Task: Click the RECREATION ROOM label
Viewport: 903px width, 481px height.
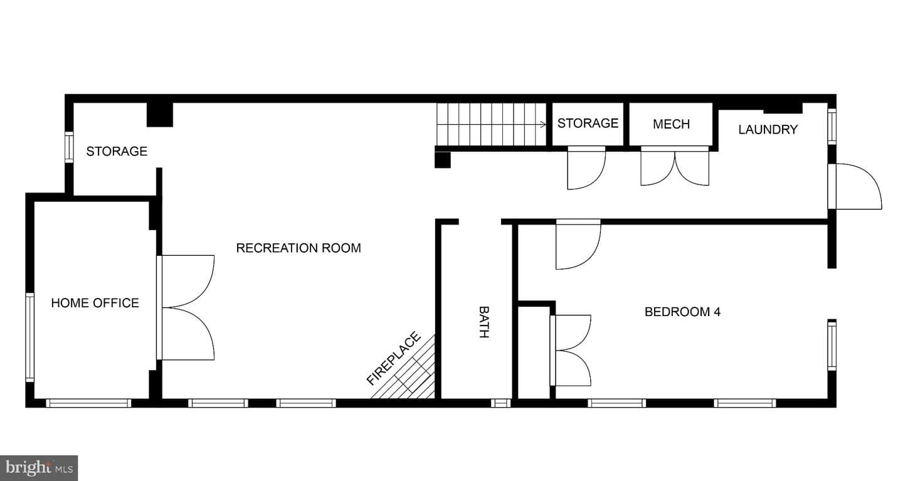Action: pos(298,248)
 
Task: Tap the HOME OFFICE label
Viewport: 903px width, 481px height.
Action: pos(95,303)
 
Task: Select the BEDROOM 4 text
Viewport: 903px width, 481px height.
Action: pos(682,312)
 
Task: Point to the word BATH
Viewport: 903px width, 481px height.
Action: pos(484,322)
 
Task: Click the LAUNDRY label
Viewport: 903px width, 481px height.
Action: pos(768,129)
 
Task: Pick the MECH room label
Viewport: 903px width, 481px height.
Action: pos(671,124)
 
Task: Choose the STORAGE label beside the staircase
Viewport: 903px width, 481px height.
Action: pos(588,123)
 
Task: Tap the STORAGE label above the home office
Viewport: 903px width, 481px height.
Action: pos(117,151)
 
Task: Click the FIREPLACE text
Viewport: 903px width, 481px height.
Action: pos(393,358)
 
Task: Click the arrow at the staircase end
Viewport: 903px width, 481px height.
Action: pos(542,124)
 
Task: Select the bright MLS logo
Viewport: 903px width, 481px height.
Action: pos(39,468)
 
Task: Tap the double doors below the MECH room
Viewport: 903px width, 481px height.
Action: pos(675,166)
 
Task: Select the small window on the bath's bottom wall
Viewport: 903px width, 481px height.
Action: pos(500,403)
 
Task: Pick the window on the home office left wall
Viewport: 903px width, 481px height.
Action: pos(30,337)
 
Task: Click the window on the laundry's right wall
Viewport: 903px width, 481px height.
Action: pos(832,126)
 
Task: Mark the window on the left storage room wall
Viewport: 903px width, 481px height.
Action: pos(69,147)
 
